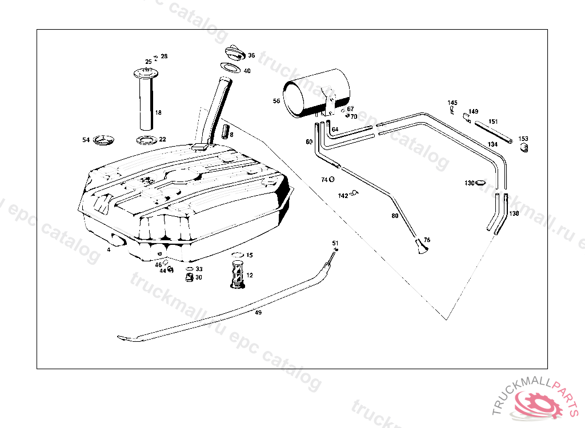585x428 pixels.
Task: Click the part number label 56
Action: (277, 101)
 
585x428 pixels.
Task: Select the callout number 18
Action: (158, 113)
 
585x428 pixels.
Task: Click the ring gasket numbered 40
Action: (230, 70)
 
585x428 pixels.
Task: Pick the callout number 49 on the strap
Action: (258, 313)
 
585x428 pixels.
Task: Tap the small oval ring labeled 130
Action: (480, 183)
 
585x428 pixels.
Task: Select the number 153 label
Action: (523, 139)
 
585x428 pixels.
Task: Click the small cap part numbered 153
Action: (524, 148)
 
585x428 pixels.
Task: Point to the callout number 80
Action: (395, 216)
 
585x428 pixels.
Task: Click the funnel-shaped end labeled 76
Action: (422, 247)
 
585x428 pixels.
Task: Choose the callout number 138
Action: (514, 213)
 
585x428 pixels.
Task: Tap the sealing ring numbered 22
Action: (146, 140)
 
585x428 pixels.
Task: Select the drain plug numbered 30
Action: (187, 277)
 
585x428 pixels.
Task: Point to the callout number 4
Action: (109, 249)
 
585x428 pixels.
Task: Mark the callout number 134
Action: (492, 144)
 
